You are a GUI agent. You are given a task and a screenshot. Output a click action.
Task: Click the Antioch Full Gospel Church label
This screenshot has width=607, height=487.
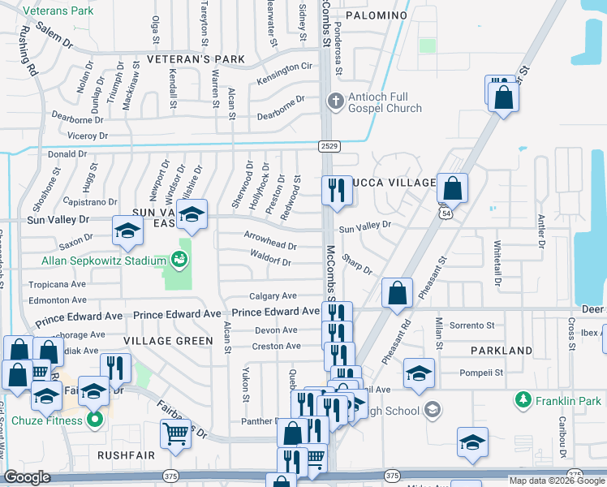[x=385, y=102]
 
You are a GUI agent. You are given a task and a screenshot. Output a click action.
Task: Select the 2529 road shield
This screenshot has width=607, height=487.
[x=329, y=145]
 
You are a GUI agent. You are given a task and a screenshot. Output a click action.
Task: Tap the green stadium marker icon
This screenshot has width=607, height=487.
[x=178, y=261]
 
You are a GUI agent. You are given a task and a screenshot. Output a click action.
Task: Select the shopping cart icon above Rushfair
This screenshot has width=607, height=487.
[x=175, y=434]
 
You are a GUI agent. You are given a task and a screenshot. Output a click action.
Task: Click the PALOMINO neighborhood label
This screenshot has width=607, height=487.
[x=376, y=15]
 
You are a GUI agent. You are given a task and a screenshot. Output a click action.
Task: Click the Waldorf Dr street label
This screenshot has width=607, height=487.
[x=271, y=261]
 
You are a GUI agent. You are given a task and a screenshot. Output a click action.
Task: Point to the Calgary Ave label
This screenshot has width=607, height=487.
[x=273, y=296]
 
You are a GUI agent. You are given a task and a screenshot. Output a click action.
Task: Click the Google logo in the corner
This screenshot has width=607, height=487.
[x=28, y=477]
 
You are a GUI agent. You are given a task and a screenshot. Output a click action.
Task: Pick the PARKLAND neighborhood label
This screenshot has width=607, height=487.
[x=502, y=351]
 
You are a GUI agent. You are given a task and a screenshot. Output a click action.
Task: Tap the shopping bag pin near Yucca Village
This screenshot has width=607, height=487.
[x=453, y=189]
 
